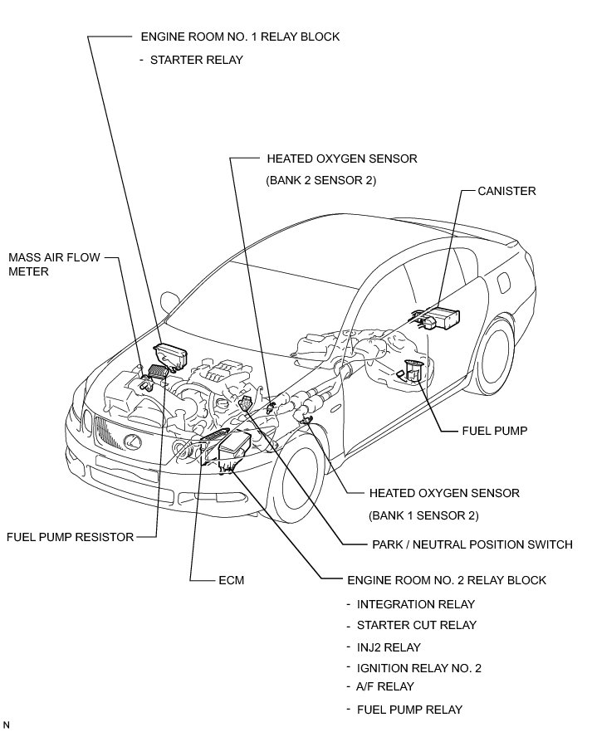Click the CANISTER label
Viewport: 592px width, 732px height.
pos(506,191)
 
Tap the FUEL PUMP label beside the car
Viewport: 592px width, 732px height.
pos(495,431)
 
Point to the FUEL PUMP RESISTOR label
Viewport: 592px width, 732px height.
pos(70,537)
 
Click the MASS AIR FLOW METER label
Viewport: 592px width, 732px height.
pos(54,264)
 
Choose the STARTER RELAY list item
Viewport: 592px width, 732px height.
pos(196,61)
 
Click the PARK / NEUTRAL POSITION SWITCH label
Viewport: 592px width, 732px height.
pos(472,545)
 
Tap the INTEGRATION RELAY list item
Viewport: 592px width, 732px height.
pos(415,604)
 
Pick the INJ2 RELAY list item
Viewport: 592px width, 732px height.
pos(388,647)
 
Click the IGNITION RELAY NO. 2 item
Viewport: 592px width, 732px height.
pos(418,667)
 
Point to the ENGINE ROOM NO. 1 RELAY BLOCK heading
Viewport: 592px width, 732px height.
pos(241,37)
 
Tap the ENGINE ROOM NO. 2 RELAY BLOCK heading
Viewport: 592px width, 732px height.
pos(445,580)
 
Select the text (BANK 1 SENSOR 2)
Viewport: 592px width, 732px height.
pos(424,515)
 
